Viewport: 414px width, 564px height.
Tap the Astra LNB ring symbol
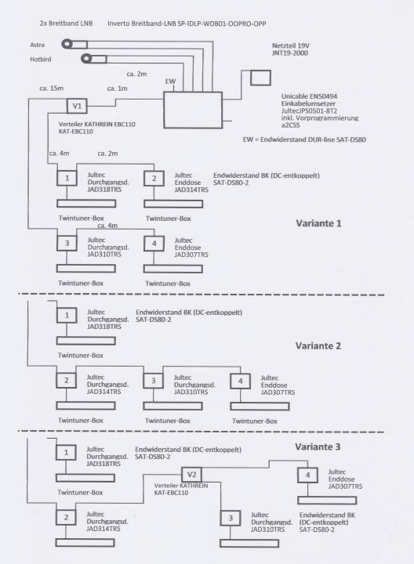click(67, 44)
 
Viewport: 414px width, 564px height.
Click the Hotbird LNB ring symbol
click(86, 58)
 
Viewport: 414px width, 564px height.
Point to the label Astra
click(38, 45)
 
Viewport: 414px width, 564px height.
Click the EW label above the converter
click(170, 81)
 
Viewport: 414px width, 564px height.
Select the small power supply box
click(260, 78)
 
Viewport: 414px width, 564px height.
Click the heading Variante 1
click(318, 223)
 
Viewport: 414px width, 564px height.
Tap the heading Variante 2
click(318, 346)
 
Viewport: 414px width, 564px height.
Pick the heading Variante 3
click(318, 447)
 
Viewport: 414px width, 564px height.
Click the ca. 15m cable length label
click(52, 88)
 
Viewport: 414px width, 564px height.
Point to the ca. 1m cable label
click(118, 89)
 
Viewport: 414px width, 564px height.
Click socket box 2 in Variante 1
click(154, 178)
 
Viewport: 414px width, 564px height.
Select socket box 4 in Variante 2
click(240, 381)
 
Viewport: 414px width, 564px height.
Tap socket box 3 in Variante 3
click(231, 518)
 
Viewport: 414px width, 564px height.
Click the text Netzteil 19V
click(291, 46)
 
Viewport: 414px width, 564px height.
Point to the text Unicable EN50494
click(309, 96)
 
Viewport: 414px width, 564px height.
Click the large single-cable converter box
click(193, 110)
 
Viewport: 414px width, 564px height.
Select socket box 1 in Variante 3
click(66, 453)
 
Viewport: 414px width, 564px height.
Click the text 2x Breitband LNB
click(66, 23)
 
